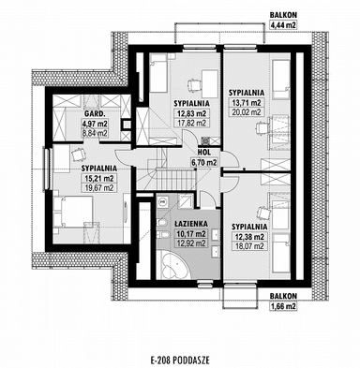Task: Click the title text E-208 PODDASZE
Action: tap(179, 358)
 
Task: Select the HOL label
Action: tap(203, 152)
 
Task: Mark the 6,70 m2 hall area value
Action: tap(203, 162)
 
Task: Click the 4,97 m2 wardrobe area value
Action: tap(69, 123)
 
